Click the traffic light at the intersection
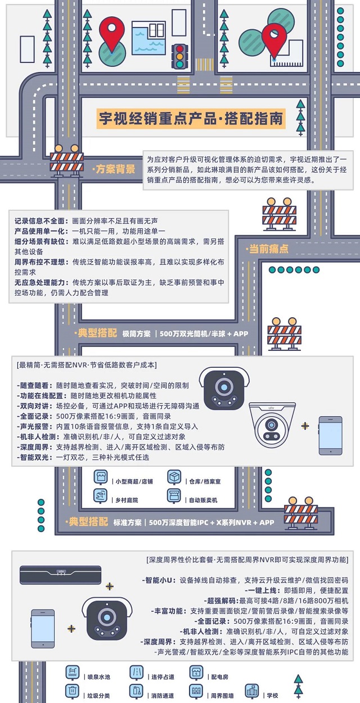(181, 56)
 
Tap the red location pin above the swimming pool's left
(112, 33)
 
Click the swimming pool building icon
(148, 36)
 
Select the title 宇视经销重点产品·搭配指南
(192, 119)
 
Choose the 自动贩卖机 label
(203, 500)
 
